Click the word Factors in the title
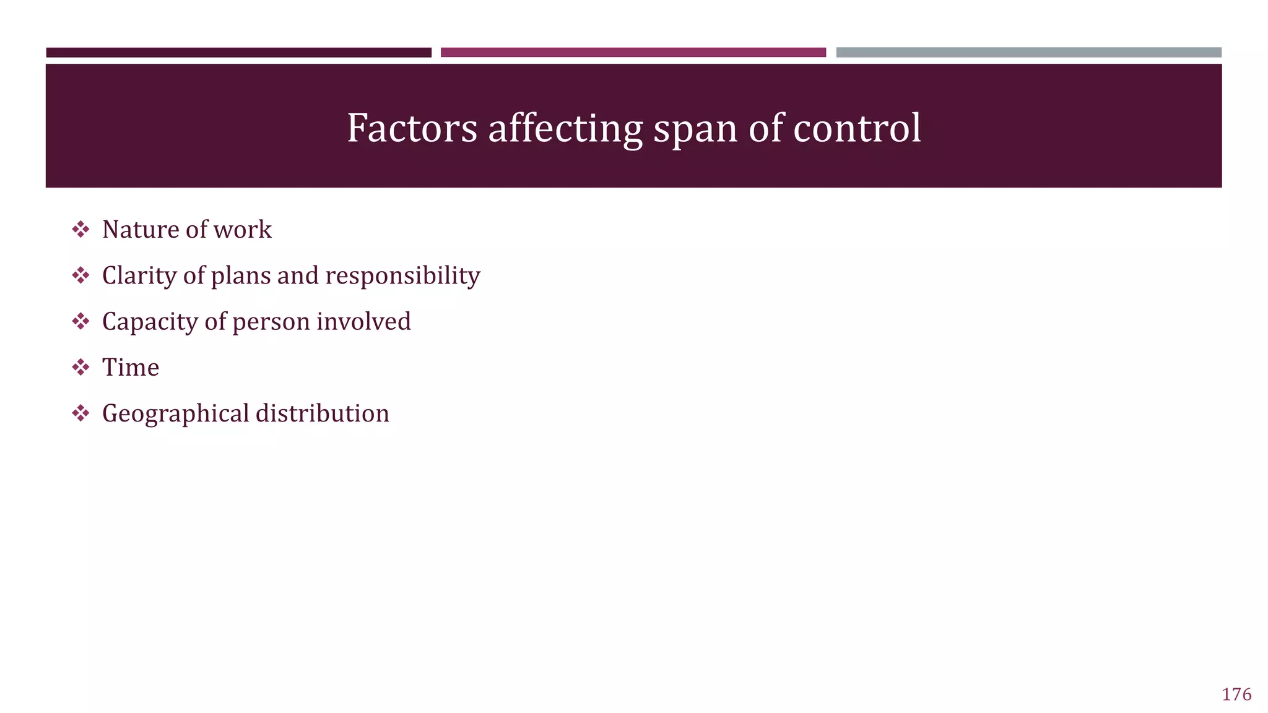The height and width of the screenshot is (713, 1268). point(412,128)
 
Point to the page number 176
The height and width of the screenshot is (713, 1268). point(1236,694)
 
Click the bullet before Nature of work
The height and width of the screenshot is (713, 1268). point(80,230)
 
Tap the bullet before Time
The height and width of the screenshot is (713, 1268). point(80,368)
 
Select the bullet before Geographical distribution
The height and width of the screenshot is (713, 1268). point(80,413)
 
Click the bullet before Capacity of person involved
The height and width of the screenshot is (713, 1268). point(80,322)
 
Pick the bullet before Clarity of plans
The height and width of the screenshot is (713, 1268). point(80,275)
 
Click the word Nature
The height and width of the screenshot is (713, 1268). point(141,230)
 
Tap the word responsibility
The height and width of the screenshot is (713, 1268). point(402,276)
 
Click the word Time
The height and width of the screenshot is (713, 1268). point(131,368)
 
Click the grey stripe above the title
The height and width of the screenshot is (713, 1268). point(1028,53)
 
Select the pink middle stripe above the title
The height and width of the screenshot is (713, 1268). point(633,53)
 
